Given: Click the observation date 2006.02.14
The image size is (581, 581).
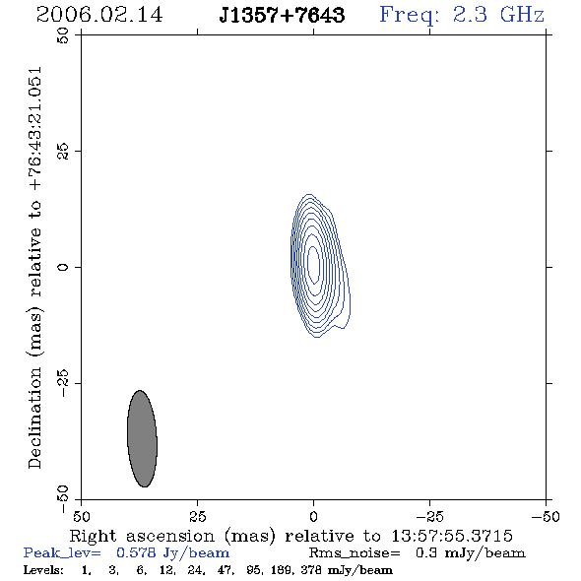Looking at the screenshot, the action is pos(99,15).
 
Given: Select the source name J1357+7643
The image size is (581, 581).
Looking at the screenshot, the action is pos(282,16).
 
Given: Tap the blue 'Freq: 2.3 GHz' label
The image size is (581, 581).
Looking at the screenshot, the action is pos(462,16).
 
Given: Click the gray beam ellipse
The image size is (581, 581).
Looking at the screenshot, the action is pos(142,439).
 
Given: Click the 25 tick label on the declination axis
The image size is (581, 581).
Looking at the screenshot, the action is pos(63,152).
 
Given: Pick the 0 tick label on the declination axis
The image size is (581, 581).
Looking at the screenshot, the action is pos(63,267).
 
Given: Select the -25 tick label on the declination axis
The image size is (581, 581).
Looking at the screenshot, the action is pos(63,383).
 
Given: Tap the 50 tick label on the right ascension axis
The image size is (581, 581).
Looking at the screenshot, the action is pos(81,517).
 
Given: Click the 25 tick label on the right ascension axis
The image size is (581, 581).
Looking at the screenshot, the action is pos(198,517).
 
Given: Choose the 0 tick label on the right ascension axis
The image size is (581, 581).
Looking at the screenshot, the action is pos(313,517).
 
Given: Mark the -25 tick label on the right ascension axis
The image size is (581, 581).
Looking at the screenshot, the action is pos(429,517).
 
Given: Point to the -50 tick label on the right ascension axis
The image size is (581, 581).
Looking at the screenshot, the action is pos(546,517).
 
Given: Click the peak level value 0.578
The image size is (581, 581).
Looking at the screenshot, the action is pos(136,552).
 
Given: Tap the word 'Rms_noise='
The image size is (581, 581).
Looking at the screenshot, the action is pos(355,553).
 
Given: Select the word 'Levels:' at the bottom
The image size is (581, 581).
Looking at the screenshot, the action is pos(43,570).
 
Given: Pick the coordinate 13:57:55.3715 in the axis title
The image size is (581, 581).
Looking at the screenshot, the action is pos(452,536).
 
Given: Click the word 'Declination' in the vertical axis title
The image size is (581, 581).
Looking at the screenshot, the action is pos(34,418).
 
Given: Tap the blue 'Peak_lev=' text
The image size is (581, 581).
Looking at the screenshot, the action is pos(62,553).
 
